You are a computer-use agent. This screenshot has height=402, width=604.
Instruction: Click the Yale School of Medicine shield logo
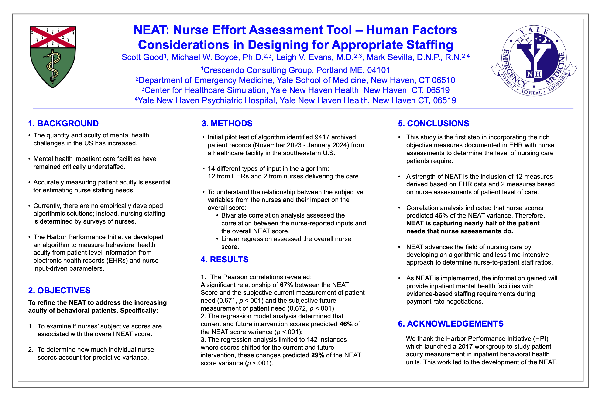coord(53,57)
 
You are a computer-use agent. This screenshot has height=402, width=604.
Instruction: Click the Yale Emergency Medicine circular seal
coord(534,60)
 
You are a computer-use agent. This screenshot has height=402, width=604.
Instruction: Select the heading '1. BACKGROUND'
coord(63,123)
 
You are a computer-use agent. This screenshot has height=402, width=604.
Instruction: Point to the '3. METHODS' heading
coord(227,123)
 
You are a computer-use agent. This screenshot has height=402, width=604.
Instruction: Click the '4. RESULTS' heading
coord(224,259)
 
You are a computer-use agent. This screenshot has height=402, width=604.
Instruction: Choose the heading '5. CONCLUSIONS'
coord(433,123)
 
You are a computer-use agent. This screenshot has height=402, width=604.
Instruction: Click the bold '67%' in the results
coord(286,285)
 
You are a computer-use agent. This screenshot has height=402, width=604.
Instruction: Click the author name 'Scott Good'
coord(143,57)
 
